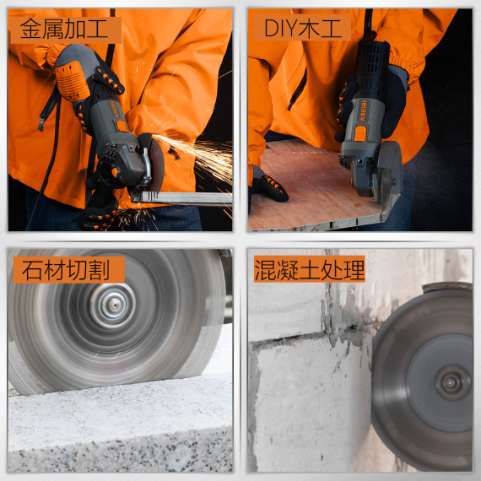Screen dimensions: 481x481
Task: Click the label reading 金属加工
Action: pyautogui.click(x=65, y=30)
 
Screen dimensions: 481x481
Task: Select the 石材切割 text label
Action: pyautogui.click(x=66, y=269)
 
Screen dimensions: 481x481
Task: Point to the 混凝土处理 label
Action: pyautogui.click(x=310, y=269)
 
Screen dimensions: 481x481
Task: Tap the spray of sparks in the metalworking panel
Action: pyautogui.click(x=203, y=160)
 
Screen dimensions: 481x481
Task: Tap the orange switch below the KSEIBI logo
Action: pyautogui.click(x=360, y=133)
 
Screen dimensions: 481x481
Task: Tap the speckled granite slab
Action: pyautogui.click(x=118, y=430)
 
